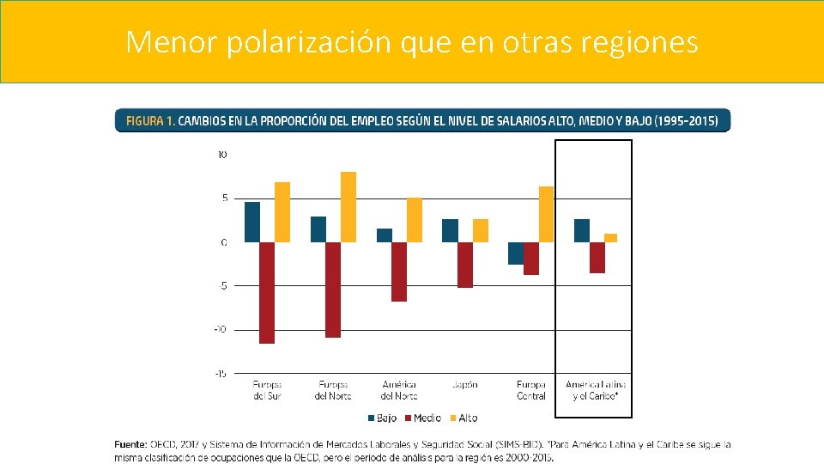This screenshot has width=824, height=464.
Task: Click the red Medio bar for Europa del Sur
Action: pyautogui.click(x=267, y=292)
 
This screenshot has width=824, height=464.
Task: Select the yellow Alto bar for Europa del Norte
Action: pyautogui.click(x=348, y=207)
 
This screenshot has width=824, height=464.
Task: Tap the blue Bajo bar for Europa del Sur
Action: pyautogui.click(x=251, y=222)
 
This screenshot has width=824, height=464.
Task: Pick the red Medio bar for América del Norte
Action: pyautogui.click(x=399, y=272)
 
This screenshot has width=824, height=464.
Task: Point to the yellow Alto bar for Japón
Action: pyautogui.click(x=481, y=230)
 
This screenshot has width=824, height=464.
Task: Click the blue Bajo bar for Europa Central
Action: pyautogui.click(x=515, y=253)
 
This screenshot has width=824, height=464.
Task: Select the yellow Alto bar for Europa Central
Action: pyautogui.click(x=546, y=214)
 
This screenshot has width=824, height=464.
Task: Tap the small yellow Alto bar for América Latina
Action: pyautogui.click(x=610, y=238)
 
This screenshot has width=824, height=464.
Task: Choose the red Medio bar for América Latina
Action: pyautogui.click(x=597, y=258)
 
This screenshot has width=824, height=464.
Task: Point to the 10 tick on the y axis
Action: pyautogui.click(x=222, y=155)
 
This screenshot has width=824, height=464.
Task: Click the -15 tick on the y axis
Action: pyautogui.click(x=221, y=374)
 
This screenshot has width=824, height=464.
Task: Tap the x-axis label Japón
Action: pyautogui.click(x=464, y=385)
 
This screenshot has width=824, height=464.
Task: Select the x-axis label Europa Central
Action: pyautogui.click(x=531, y=390)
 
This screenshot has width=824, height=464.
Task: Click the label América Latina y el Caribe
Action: pyautogui.click(x=596, y=390)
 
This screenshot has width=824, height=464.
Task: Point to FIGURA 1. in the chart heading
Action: pyautogui.click(x=150, y=121)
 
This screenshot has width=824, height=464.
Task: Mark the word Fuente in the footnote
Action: pyautogui.click(x=130, y=444)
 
